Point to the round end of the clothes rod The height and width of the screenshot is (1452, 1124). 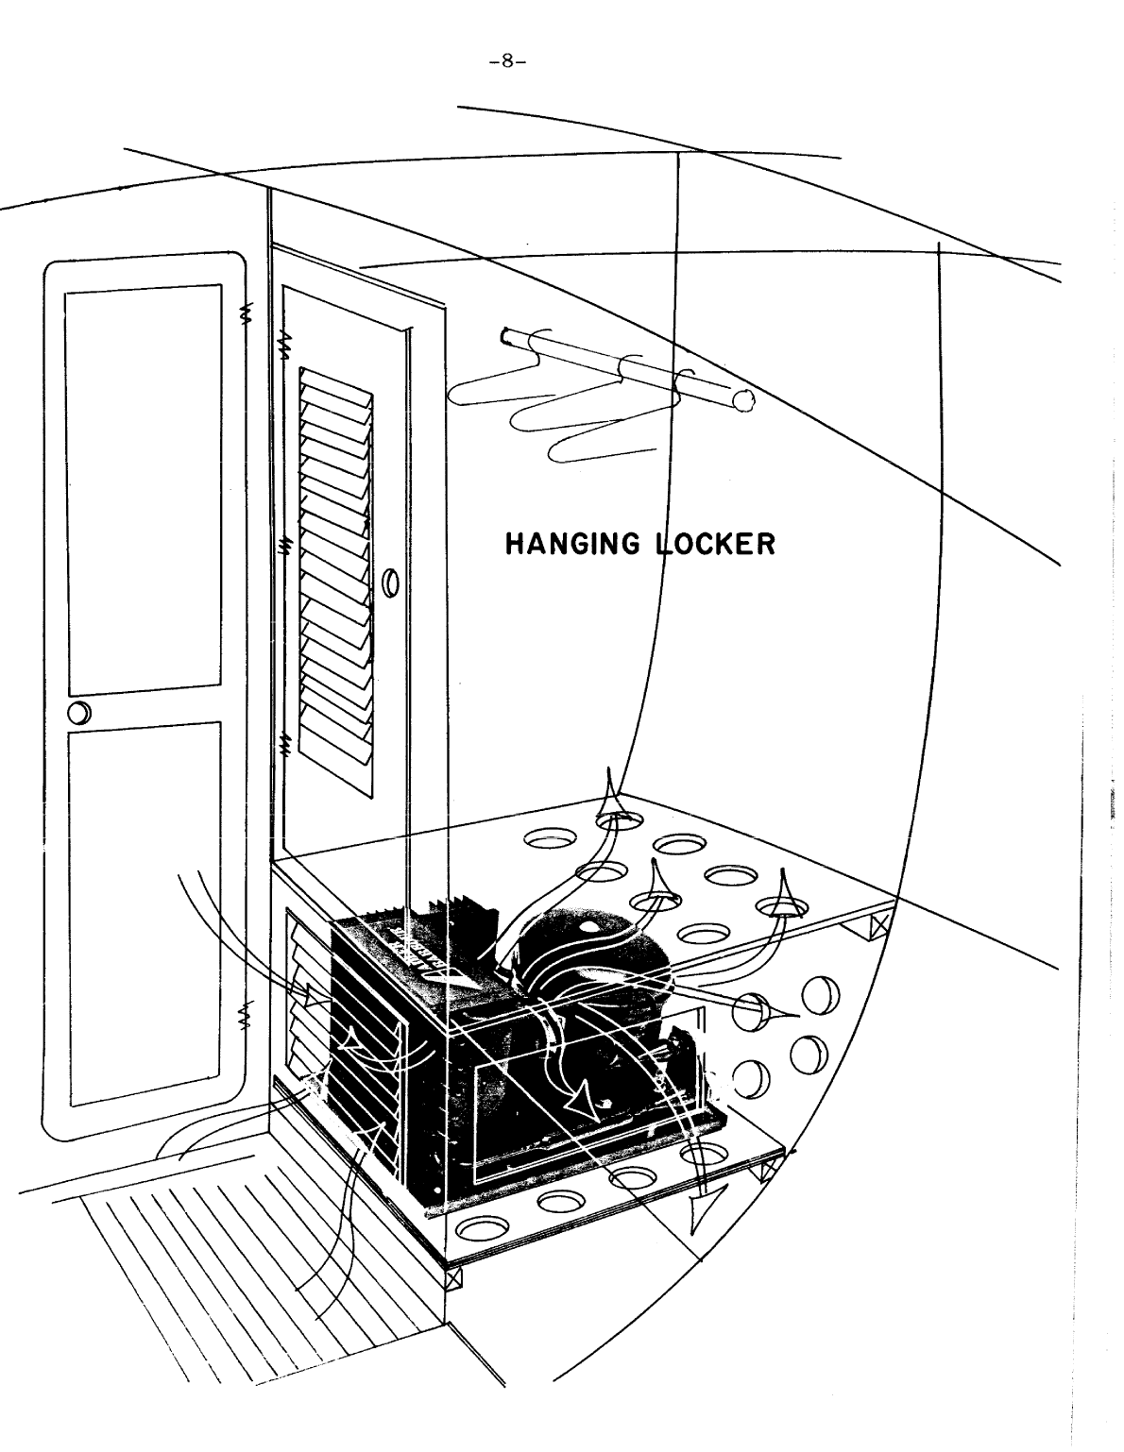743,401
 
